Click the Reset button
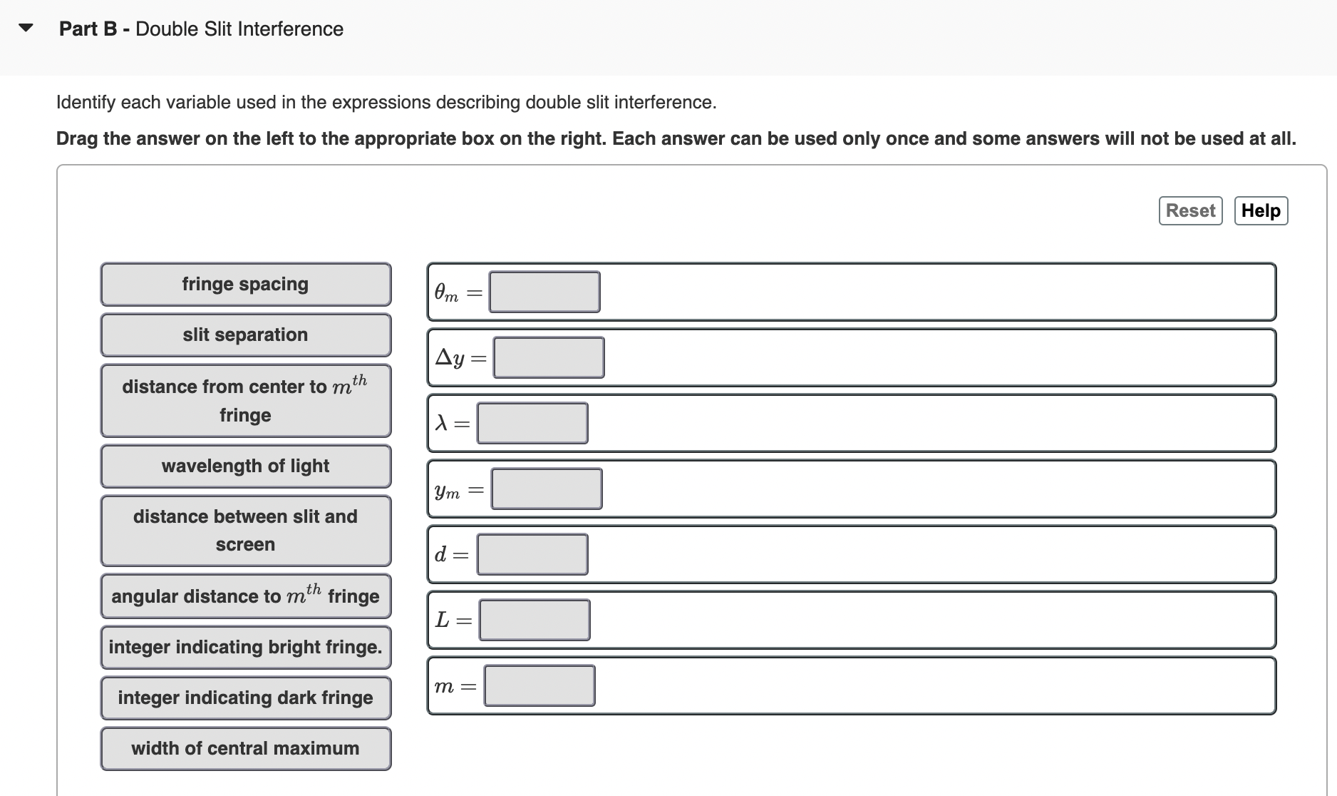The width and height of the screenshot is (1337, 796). (x=1190, y=211)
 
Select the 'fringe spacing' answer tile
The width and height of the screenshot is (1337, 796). (x=246, y=285)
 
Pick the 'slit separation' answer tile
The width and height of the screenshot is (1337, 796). (x=246, y=335)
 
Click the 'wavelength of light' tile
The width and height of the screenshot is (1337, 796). (x=246, y=466)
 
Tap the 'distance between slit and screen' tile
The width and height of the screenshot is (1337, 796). (x=246, y=531)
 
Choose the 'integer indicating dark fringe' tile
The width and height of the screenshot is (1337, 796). (x=246, y=698)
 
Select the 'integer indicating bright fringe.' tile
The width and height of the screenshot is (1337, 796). (x=246, y=648)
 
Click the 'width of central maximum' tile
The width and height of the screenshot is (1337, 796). (x=246, y=749)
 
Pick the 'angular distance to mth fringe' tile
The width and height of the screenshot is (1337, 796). (x=246, y=596)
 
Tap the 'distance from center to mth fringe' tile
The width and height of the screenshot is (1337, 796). (x=246, y=401)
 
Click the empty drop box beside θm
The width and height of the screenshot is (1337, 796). (x=544, y=292)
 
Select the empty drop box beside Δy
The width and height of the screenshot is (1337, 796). (x=549, y=357)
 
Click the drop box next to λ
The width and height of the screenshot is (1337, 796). (x=532, y=423)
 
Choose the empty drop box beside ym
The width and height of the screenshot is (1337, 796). (x=547, y=489)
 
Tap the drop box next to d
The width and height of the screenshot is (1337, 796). (x=532, y=554)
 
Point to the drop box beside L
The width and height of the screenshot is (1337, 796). (x=535, y=620)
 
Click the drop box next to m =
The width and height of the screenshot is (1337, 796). (x=540, y=685)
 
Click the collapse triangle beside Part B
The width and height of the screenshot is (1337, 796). (x=26, y=29)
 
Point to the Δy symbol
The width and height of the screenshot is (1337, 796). (x=450, y=357)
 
